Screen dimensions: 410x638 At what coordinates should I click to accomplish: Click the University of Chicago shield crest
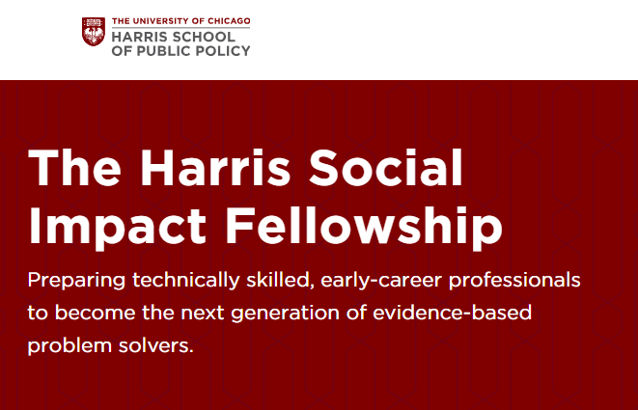coord(94,33)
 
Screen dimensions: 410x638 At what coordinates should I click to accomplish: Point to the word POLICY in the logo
coord(223,50)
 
